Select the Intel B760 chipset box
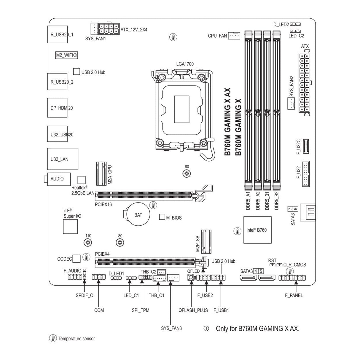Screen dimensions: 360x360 (x=257, y=230)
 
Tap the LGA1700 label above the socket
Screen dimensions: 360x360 (x=185, y=64)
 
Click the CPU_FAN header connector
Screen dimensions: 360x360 (x=234, y=36)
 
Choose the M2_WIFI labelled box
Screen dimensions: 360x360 (x=67, y=55)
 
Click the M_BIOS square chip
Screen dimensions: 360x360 (x=162, y=217)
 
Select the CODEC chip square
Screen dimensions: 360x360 (x=77, y=259)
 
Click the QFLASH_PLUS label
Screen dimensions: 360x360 (x=193, y=310)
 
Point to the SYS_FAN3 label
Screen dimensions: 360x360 (x=171, y=328)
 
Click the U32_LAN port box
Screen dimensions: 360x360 (x=63, y=159)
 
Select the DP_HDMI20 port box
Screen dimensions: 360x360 (x=57, y=108)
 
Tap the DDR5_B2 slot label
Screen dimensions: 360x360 (x=277, y=201)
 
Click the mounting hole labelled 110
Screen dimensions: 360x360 (x=88, y=243)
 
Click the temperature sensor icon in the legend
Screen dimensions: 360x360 (x=53, y=338)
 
